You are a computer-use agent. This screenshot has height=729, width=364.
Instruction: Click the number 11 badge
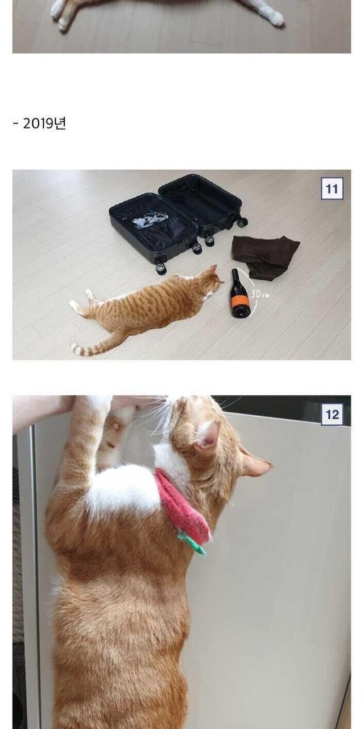click(332, 189)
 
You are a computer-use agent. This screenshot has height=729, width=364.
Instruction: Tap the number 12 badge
click(332, 414)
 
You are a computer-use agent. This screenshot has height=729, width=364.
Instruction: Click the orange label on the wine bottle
click(240, 300)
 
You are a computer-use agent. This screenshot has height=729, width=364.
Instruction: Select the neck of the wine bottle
click(235, 276)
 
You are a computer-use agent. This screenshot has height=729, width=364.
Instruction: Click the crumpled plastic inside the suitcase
click(148, 220)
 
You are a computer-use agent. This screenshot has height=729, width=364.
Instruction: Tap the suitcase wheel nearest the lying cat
click(160, 268)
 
